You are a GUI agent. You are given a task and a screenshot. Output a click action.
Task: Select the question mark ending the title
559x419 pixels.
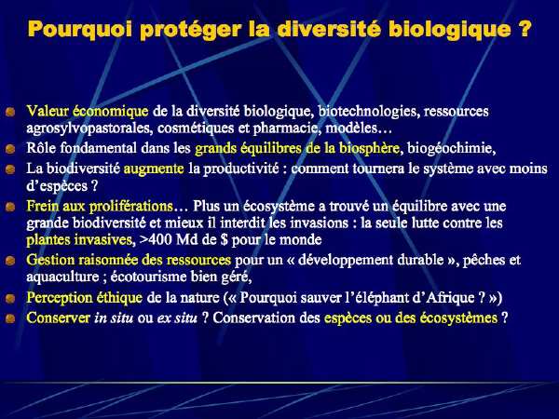coord(525,28)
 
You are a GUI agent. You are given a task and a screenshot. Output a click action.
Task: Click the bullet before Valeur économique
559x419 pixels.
coord(10,112)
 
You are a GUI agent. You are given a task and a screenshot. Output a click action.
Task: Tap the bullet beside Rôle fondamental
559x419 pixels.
coord(10,149)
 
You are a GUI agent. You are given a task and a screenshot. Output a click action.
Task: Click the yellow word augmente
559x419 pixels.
coord(154,169)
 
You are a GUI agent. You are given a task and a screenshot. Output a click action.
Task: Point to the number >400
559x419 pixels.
coord(156,239)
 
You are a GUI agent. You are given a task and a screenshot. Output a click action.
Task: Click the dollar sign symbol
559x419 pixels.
coord(224,239)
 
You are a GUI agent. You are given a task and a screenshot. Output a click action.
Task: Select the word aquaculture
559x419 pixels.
coord(62,277)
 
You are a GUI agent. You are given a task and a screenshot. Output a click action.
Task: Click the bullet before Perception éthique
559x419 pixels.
coord(10,298)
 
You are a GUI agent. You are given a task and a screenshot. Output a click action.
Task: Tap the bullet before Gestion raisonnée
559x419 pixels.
coord(10,261)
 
